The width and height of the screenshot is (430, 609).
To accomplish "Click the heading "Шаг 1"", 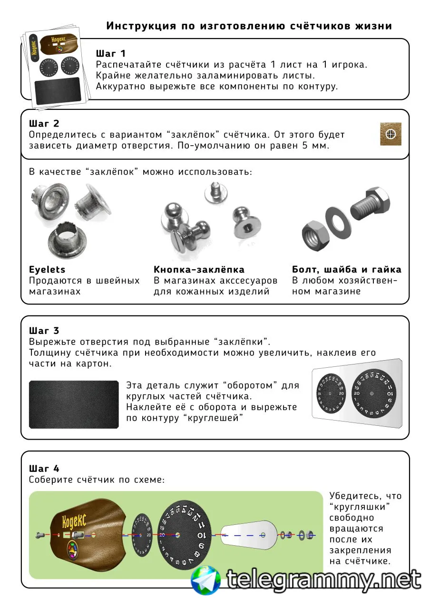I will point(111,53).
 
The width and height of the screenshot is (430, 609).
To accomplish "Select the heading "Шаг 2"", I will point(44,124).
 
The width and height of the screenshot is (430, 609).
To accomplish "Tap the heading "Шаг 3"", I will point(44,330).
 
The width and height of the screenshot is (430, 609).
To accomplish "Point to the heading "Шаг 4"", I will point(44,468).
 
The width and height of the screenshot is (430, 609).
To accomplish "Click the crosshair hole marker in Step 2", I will point(391,134).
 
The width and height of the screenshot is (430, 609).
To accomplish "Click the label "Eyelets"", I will point(47,270).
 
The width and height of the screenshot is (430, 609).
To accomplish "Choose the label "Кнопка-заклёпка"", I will point(199,270).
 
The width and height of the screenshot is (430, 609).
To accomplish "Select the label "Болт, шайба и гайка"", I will point(346,270).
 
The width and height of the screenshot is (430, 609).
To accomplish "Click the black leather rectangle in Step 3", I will point(74,404).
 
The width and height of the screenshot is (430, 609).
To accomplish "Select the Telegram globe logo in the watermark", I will point(206,580).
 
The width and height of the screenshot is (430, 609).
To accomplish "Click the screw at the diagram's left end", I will point(40,535).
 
